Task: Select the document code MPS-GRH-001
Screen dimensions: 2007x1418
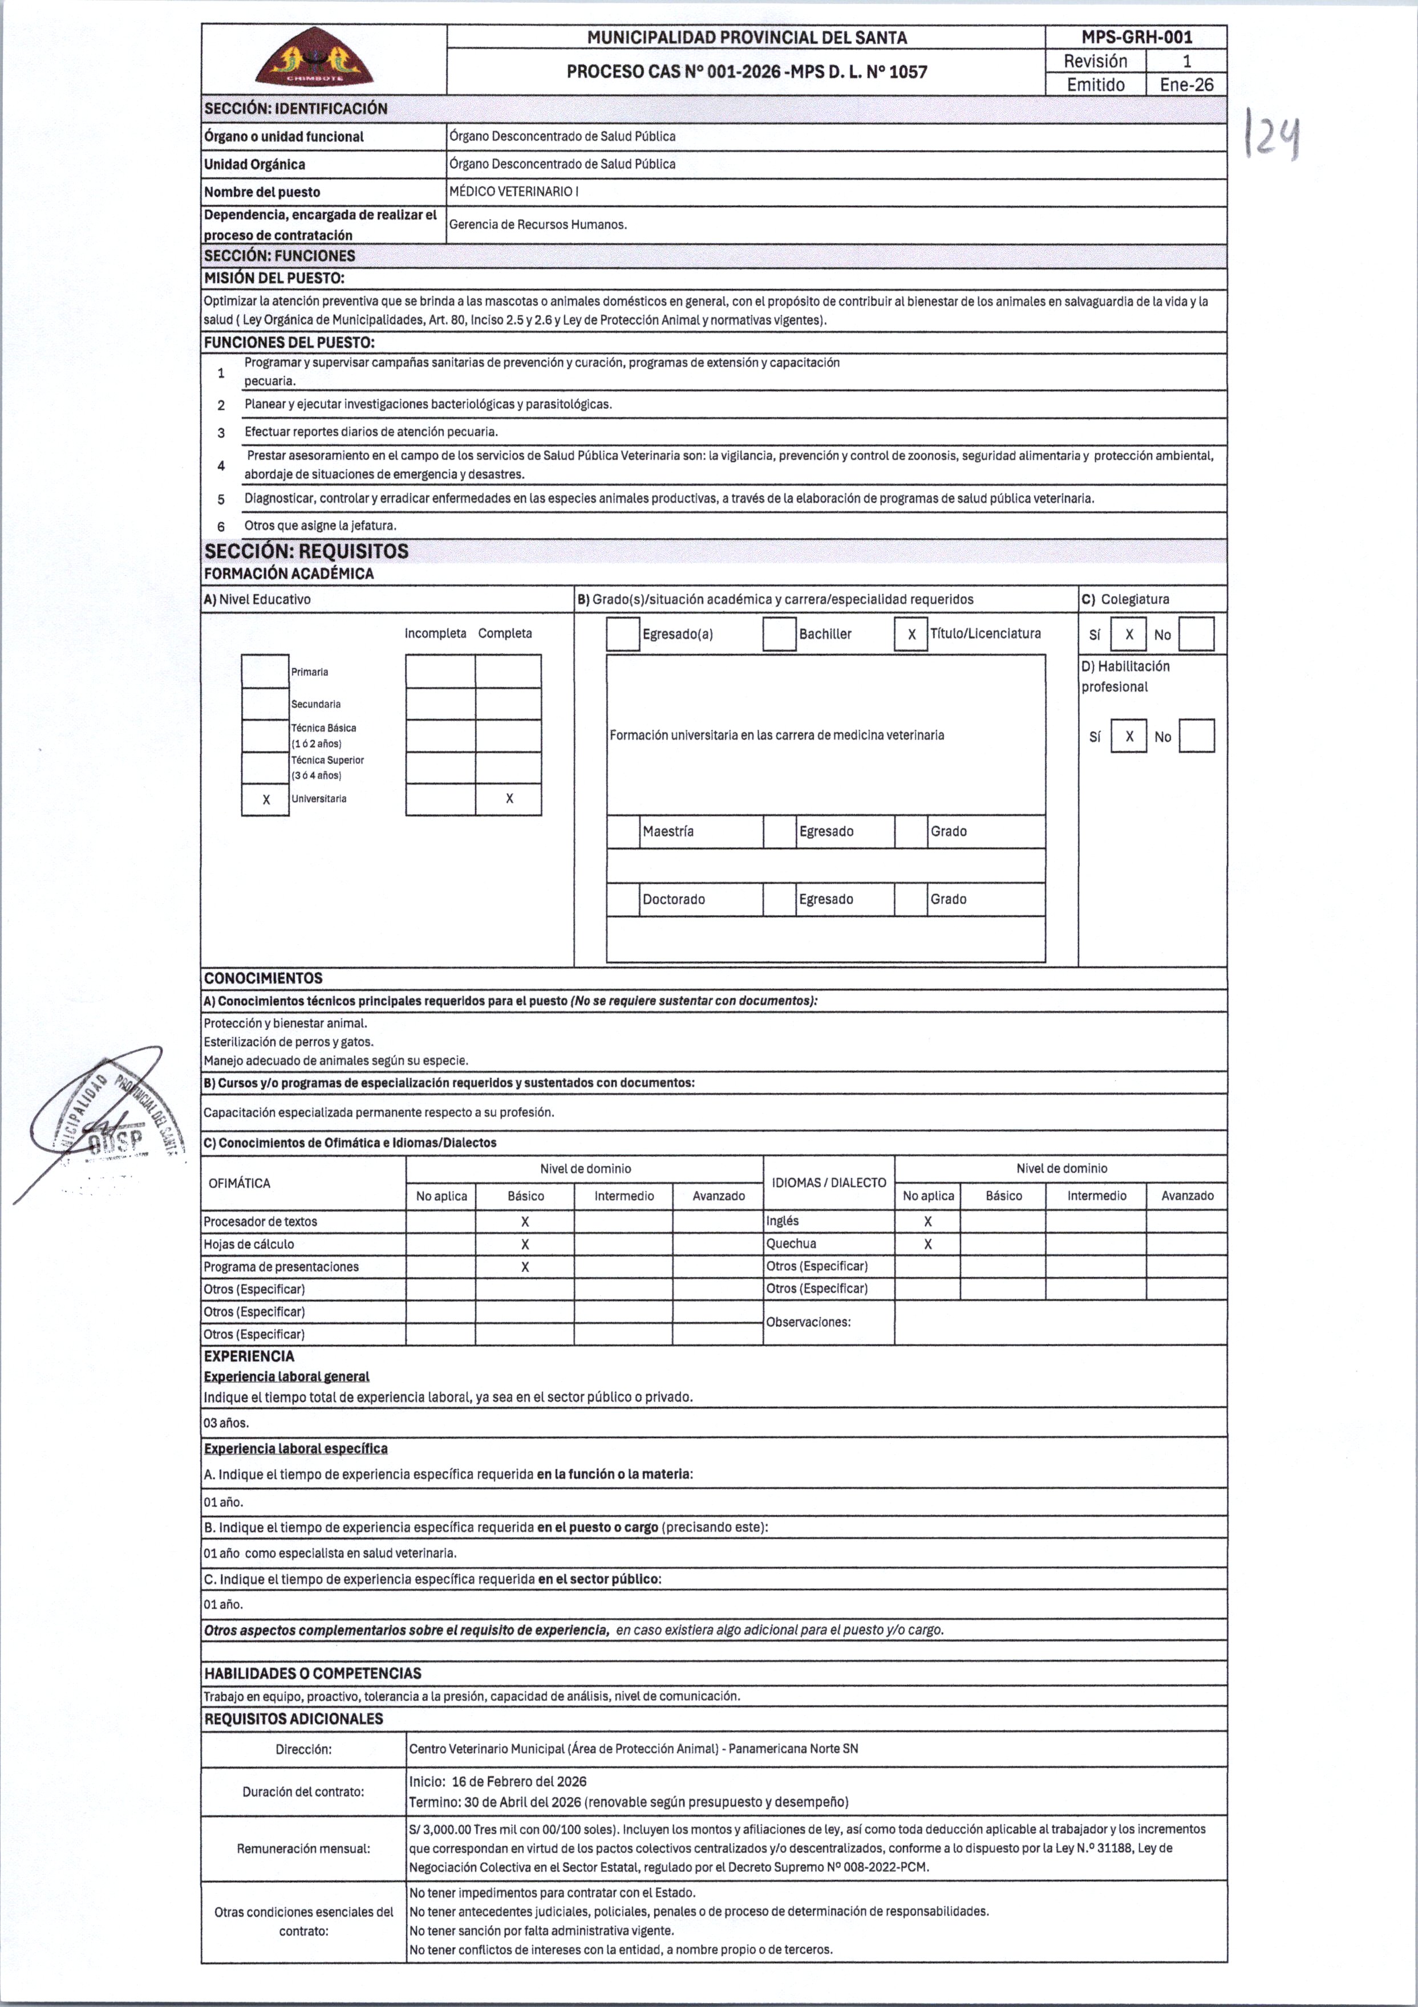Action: pyautogui.click(x=1136, y=36)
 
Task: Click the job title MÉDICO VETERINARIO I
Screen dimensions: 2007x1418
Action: pyautogui.click(x=513, y=192)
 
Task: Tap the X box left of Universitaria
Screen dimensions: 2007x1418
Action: pyautogui.click(x=266, y=799)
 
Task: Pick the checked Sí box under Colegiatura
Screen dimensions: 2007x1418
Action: pyautogui.click(x=1129, y=635)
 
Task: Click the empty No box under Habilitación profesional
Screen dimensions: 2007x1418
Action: pyautogui.click(x=1196, y=736)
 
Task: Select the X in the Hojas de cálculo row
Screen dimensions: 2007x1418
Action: pyautogui.click(x=525, y=1244)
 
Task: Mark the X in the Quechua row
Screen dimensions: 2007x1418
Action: pyautogui.click(x=927, y=1244)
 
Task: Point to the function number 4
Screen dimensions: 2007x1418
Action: pyautogui.click(x=221, y=465)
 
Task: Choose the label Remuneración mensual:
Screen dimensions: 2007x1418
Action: pyautogui.click(x=303, y=1848)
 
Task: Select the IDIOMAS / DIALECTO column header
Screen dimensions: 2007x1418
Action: pyautogui.click(x=828, y=1183)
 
